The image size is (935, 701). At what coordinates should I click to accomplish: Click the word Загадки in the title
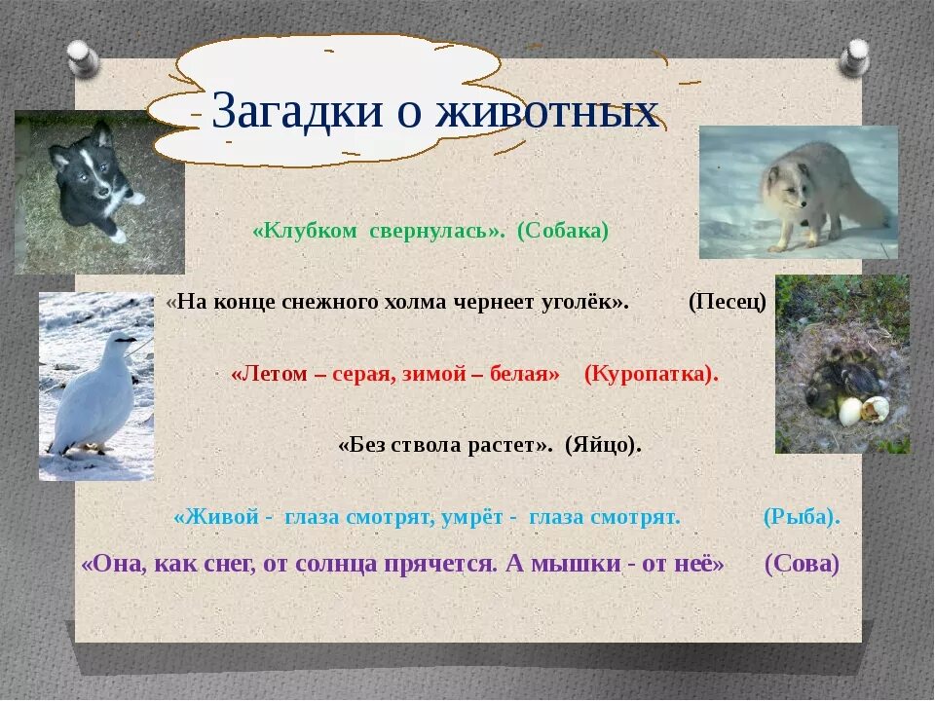(297, 111)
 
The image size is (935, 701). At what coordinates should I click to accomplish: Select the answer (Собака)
(563, 231)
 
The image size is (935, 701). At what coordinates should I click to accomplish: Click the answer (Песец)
(727, 302)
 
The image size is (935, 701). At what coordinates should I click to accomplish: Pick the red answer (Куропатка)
(652, 374)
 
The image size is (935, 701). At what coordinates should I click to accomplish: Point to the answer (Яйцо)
(603, 445)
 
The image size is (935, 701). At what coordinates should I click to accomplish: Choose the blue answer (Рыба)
(802, 516)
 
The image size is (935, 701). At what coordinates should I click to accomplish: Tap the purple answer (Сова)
(802, 564)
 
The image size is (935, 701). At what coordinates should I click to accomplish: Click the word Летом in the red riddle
(269, 374)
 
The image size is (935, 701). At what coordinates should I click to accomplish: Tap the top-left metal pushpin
(84, 58)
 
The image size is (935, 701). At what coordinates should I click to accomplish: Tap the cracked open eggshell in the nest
(876, 409)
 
